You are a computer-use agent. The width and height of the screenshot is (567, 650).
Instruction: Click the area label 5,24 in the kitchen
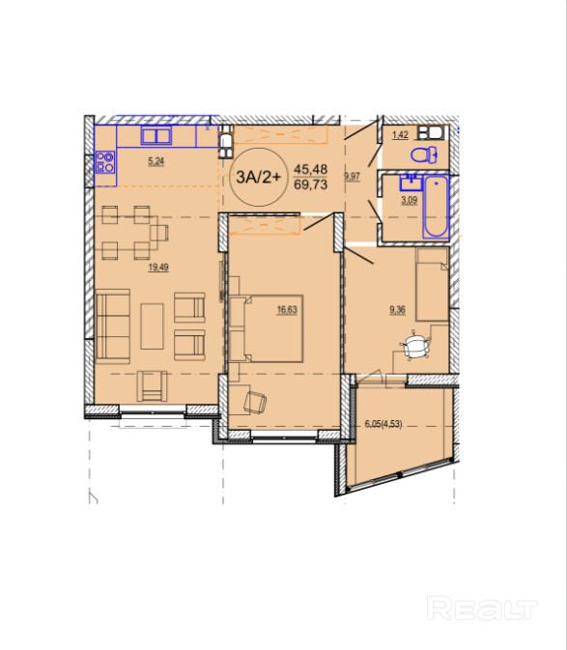pyautogui.click(x=156, y=161)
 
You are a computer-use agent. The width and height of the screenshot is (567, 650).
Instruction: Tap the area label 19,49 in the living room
pyautogui.click(x=158, y=268)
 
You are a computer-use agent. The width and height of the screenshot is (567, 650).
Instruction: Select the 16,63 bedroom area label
pyautogui.click(x=287, y=310)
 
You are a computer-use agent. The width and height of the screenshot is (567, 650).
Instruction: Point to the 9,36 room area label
pyautogui.click(x=398, y=310)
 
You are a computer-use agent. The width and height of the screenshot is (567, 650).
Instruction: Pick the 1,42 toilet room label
pyautogui.click(x=401, y=134)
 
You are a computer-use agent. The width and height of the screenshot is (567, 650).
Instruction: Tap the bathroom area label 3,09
pyautogui.click(x=410, y=201)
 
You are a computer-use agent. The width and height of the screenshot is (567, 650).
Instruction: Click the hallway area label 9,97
pyautogui.click(x=353, y=177)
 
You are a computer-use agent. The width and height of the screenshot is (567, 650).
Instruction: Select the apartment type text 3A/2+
pyautogui.click(x=259, y=177)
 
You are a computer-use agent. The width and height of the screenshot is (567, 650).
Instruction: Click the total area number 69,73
pyautogui.click(x=311, y=184)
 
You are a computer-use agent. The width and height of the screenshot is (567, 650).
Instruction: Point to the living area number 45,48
pyautogui.click(x=311, y=169)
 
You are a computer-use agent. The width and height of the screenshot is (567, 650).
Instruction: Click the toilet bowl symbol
pyautogui.click(x=424, y=155)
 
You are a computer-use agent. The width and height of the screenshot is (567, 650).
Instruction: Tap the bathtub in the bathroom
pyautogui.click(x=436, y=207)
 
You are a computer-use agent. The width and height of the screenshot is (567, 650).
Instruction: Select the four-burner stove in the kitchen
pyautogui.click(x=105, y=161)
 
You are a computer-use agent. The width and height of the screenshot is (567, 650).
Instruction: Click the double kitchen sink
pyautogui.click(x=156, y=135)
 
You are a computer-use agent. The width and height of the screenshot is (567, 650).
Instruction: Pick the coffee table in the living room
pyautogui.click(x=152, y=326)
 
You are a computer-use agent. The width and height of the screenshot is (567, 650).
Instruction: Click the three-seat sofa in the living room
pyautogui.click(x=113, y=326)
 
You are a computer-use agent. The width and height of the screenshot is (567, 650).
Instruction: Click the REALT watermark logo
pyautogui.click(x=482, y=608)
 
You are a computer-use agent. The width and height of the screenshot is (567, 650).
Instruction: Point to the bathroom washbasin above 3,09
pyautogui.click(x=411, y=183)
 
